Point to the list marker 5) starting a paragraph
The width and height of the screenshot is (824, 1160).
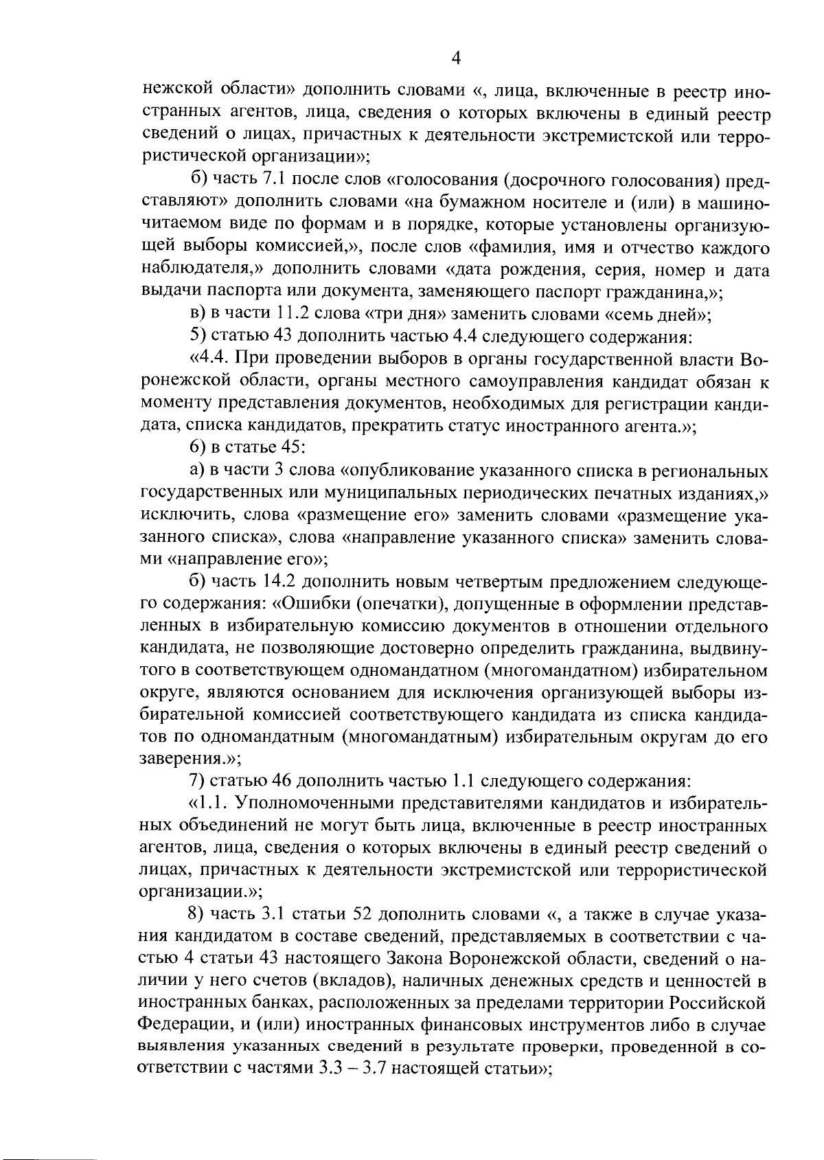(197, 337)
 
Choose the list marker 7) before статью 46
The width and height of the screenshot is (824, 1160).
(197, 782)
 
